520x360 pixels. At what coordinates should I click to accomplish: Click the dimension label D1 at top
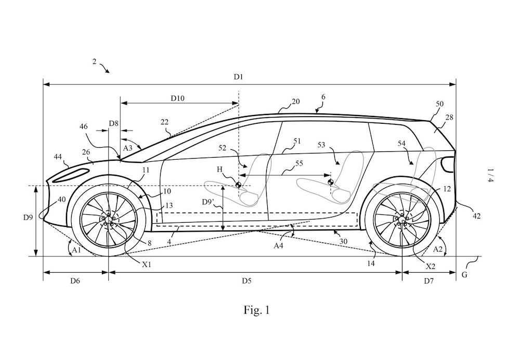click(238, 77)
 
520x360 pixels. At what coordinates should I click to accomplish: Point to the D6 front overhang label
click(75, 281)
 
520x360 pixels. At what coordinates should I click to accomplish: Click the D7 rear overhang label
click(428, 281)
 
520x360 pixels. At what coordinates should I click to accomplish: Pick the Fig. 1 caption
click(257, 311)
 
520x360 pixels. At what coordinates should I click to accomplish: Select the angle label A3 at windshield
click(127, 148)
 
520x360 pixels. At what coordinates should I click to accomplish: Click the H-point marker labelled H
click(238, 185)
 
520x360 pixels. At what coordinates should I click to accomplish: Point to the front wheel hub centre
click(109, 220)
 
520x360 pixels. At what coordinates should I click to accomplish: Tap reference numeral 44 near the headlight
click(59, 156)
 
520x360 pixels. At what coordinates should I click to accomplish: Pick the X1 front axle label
click(147, 263)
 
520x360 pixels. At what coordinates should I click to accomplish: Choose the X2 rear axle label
click(431, 266)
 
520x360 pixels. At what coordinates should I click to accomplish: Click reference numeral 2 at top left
click(95, 61)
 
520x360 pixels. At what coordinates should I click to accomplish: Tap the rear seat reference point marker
click(330, 182)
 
